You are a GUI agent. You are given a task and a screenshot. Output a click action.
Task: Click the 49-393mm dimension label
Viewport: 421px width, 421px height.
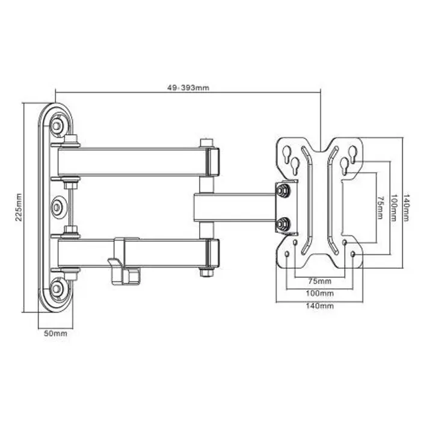click(x=188, y=87)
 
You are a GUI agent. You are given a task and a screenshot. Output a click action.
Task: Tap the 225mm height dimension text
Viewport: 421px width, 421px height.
click(x=18, y=207)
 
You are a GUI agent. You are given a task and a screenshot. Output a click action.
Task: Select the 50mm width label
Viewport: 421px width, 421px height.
click(x=55, y=333)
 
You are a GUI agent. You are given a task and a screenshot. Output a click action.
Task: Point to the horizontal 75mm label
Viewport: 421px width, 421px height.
click(x=319, y=281)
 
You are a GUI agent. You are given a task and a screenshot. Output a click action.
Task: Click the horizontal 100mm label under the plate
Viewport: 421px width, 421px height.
click(x=319, y=293)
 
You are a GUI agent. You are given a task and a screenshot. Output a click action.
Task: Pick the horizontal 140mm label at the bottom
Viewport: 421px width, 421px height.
click(x=319, y=306)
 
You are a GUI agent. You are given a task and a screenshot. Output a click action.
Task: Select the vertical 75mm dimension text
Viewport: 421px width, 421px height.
click(x=379, y=207)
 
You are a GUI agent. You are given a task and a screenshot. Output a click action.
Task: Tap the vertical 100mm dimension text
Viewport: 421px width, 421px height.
click(x=393, y=207)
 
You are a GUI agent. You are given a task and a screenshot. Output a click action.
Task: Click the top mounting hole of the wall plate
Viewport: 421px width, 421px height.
click(x=57, y=125)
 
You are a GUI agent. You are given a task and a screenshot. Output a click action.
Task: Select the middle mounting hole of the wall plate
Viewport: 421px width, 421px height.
click(x=57, y=207)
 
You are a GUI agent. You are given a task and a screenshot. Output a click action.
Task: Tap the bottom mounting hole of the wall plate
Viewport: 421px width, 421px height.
click(x=57, y=289)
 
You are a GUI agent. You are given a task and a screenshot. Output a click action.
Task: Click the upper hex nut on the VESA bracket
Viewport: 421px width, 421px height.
click(x=281, y=191)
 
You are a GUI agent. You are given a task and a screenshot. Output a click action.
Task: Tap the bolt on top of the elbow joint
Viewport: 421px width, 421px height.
click(x=207, y=143)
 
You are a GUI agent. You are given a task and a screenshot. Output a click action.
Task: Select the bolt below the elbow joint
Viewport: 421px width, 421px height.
click(x=207, y=272)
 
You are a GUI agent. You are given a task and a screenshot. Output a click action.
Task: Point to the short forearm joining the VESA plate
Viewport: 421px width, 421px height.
click(x=235, y=207)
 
